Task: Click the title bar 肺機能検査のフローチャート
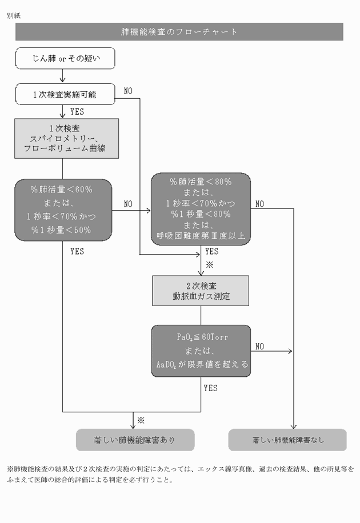(x=179, y=32)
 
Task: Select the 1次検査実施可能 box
(x=66, y=94)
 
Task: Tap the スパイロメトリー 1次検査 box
(x=66, y=139)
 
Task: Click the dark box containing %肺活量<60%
(x=63, y=209)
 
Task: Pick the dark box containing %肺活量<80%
(x=200, y=209)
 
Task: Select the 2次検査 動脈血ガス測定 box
(x=200, y=291)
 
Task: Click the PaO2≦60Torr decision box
(x=200, y=351)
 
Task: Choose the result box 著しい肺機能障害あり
(x=135, y=440)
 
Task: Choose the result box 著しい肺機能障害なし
(x=287, y=440)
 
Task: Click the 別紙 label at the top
(x=14, y=15)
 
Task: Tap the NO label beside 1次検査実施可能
(x=128, y=90)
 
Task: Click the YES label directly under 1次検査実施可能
(x=77, y=112)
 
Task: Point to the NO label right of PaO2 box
(x=259, y=346)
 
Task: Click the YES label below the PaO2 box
(x=210, y=388)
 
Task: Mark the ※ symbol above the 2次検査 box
(x=209, y=265)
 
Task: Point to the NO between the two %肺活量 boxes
(x=128, y=204)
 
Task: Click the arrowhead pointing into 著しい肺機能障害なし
(x=293, y=426)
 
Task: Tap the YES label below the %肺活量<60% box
(x=77, y=251)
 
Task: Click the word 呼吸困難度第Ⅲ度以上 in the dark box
(x=200, y=235)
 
